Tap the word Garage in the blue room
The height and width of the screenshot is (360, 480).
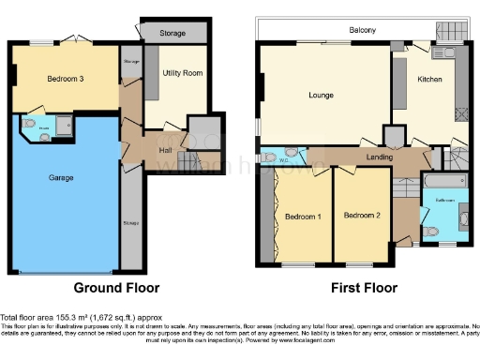tap(61, 177)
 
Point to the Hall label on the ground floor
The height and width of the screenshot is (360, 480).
tap(165, 149)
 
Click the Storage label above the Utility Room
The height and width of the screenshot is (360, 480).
tap(172, 33)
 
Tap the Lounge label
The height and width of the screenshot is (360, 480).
tap(322, 95)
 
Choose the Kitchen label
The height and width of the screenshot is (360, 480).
tap(430, 81)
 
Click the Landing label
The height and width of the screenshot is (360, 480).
tap(379, 157)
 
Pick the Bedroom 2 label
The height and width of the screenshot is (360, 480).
tap(361, 216)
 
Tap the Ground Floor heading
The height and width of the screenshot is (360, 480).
tap(116, 288)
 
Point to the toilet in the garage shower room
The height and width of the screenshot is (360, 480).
tap(31, 124)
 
